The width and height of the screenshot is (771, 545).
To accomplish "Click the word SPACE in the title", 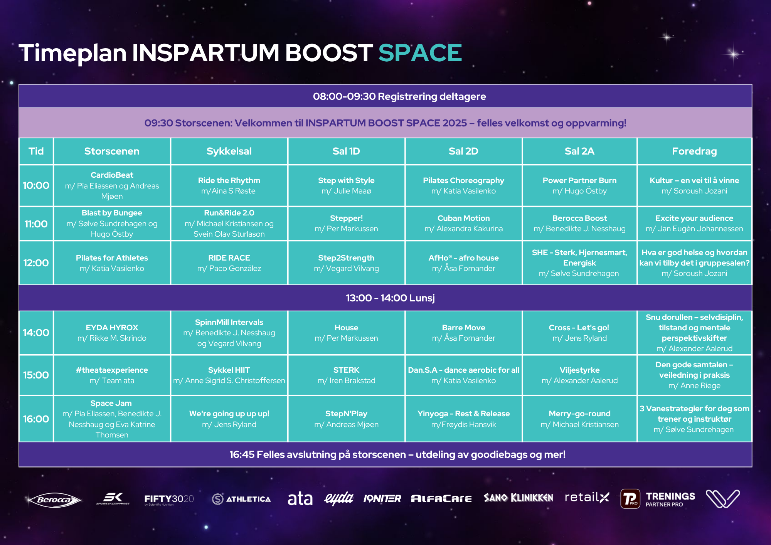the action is (420, 53).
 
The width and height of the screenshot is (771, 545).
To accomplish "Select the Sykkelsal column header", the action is (229, 151).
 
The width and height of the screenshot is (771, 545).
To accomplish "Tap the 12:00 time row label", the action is (36, 263).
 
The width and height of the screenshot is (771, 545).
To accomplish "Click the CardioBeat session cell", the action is (112, 185).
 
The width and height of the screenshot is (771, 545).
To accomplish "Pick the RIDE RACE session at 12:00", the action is (229, 263).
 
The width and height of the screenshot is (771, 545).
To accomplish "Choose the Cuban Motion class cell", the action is (463, 224).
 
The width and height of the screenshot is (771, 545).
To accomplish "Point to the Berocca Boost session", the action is (579, 224).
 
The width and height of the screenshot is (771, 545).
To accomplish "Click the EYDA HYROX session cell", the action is (112, 333).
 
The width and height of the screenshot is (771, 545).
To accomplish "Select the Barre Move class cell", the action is (463, 333).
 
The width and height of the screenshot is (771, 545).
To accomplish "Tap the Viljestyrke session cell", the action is (579, 375).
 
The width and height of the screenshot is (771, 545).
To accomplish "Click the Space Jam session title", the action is (111, 403).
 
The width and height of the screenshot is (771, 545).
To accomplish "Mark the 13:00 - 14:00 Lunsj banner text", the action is (390, 298).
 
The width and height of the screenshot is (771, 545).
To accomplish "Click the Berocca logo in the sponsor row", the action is (54, 500).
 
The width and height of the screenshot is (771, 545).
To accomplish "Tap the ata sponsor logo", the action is (300, 499).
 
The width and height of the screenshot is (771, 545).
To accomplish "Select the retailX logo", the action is (587, 497).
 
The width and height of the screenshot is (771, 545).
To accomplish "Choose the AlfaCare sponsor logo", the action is (441, 499).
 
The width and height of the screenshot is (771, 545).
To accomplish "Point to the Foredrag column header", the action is (694, 151).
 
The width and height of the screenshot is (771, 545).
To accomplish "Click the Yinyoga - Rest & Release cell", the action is (463, 419).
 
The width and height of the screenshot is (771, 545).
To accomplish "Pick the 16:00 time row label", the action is (36, 419).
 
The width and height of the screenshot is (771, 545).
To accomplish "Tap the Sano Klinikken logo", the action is (518, 498).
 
